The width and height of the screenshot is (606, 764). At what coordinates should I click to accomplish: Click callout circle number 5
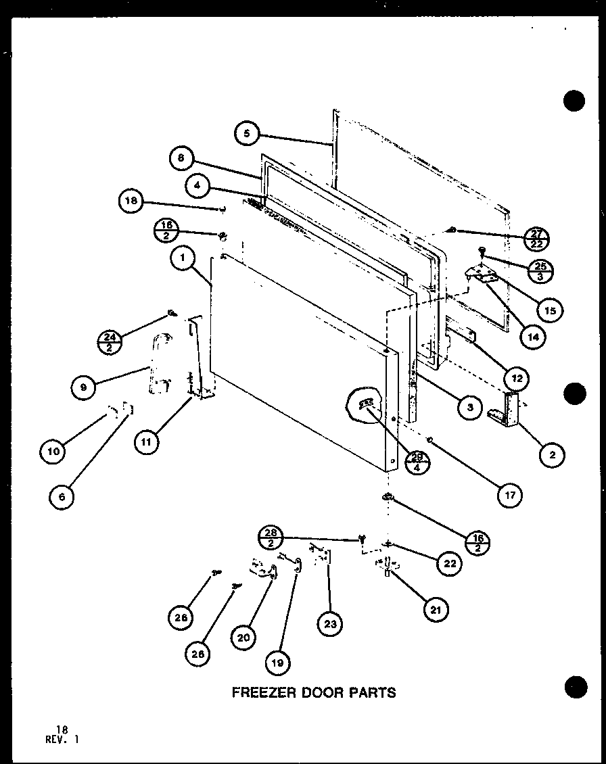[x=247, y=134]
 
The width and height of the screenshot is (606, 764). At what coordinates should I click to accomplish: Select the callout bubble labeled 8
[x=181, y=158]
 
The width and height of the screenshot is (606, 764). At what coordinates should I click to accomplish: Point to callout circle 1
[x=183, y=258]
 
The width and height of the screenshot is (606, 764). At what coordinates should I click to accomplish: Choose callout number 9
[x=84, y=387]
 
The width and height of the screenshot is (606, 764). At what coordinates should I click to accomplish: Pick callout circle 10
[x=53, y=451]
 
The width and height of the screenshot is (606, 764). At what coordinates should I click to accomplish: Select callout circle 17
[x=509, y=495]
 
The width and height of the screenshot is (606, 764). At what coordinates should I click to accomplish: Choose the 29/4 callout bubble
[x=418, y=462]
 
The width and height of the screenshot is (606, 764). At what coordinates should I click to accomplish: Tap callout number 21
[x=435, y=609]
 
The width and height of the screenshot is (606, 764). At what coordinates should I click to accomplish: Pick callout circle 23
[x=329, y=624]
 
